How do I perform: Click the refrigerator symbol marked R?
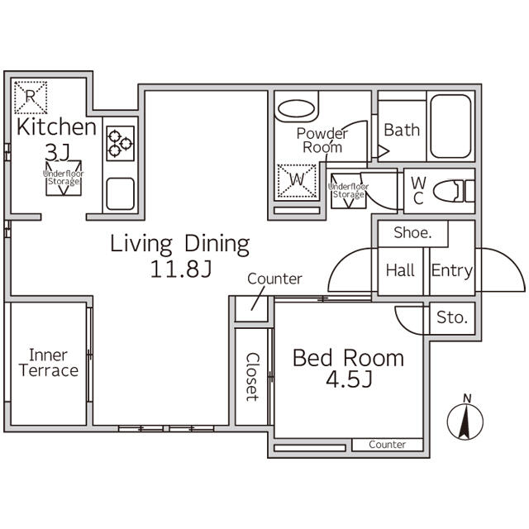[x=31, y=98]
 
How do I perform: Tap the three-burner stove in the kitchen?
[x=121, y=143]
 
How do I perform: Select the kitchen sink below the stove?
[x=121, y=194]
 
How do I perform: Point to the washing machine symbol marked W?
[x=297, y=180]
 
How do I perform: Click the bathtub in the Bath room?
[x=450, y=126]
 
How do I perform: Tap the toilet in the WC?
[x=454, y=191]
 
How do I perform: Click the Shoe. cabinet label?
[x=412, y=233]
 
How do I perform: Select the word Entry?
[x=452, y=271]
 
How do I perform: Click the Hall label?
[x=400, y=270]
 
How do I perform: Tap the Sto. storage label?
[x=452, y=317]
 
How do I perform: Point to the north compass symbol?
[x=465, y=418]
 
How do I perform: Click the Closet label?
[x=252, y=377]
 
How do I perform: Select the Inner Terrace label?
[x=49, y=363]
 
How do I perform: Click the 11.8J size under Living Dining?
[x=181, y=269]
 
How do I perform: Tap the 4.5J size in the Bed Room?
[x=349, y=379]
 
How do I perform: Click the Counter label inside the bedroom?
[x=387, y=445]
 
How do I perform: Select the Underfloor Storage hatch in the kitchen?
[x=64, y=178]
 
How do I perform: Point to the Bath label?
[x=402, y=130]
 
